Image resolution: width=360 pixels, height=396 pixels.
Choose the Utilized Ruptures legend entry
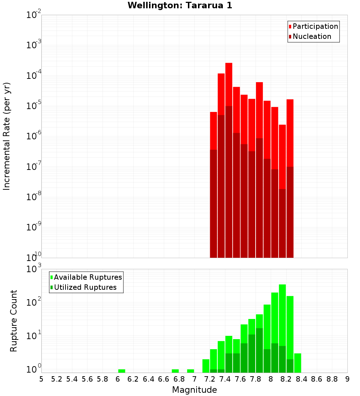pos(85,287)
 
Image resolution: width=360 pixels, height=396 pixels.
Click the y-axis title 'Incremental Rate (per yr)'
pos(7,136)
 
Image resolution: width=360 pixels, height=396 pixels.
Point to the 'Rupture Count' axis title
pos(14,320)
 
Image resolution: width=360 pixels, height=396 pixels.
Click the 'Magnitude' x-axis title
pos(194,390)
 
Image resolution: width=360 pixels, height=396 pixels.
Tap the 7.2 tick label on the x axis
pos(210,379)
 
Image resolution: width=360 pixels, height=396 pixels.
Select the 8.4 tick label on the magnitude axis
pos(301,379)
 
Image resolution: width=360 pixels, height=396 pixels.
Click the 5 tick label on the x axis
pos(41,379)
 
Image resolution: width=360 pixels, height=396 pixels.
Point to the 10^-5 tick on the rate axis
pos(34,106)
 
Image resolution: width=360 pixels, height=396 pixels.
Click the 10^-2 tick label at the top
pos(34,15)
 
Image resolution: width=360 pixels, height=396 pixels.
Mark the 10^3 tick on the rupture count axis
pos(34,269)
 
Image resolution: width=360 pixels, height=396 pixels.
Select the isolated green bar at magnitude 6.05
pos(122,371)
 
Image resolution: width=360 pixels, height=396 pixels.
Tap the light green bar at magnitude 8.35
pos(298,363)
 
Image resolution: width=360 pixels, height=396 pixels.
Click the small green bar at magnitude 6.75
pos(175,371)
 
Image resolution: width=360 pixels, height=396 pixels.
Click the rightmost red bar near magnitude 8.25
pos(290,133)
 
